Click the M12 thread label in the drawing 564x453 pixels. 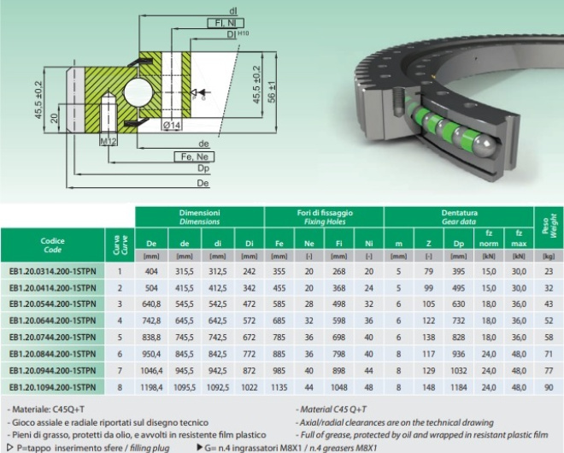108,141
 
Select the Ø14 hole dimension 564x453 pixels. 172,125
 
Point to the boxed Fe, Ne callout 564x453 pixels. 194,157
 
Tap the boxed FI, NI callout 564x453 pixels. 226,23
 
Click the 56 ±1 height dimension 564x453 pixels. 273,91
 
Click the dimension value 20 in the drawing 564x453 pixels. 54,118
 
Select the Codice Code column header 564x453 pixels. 52,245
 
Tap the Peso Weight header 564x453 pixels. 549,227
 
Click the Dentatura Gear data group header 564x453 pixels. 459,217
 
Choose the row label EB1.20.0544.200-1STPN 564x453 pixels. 52,304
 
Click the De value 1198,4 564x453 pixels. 151,387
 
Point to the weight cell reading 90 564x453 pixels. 549,387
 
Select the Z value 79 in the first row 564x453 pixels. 428,271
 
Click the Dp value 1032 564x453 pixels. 459,371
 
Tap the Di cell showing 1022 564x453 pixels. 250,387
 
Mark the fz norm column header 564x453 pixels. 489,238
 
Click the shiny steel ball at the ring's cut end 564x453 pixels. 482,146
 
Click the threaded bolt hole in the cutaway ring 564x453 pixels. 397,102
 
